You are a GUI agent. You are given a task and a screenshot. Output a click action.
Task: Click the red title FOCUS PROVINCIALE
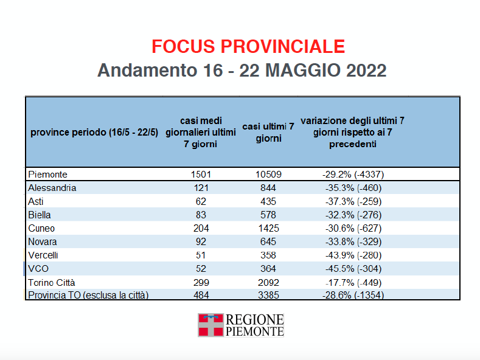pos(248,46)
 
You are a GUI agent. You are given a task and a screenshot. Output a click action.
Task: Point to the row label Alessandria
pos(52,188)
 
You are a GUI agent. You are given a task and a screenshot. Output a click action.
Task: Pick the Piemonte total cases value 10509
pos(268,175)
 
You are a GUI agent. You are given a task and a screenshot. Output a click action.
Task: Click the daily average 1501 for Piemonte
pos(200,175)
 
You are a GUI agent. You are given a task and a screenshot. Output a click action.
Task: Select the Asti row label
pos(36,201)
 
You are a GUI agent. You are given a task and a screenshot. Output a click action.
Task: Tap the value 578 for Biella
pos(268,215)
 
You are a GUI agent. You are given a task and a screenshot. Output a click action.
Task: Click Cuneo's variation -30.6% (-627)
pos(353,228)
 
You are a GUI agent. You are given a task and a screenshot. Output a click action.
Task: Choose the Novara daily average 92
pos(200,241)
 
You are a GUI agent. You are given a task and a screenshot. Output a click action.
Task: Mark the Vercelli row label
pos(43,255)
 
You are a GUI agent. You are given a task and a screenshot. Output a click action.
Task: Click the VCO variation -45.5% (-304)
pos(353,268)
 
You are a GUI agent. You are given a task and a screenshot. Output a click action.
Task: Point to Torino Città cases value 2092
pos(268,282)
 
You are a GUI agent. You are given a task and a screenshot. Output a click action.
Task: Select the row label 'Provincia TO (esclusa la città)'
pos(89,296)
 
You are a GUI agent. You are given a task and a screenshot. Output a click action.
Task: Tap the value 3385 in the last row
pos(268,296)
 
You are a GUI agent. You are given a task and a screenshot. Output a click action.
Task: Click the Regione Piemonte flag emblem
pos(210,325)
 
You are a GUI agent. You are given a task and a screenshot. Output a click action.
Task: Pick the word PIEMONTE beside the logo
pos(255,331)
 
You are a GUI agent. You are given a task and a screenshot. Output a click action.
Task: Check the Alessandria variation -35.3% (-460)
pos(353,188)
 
